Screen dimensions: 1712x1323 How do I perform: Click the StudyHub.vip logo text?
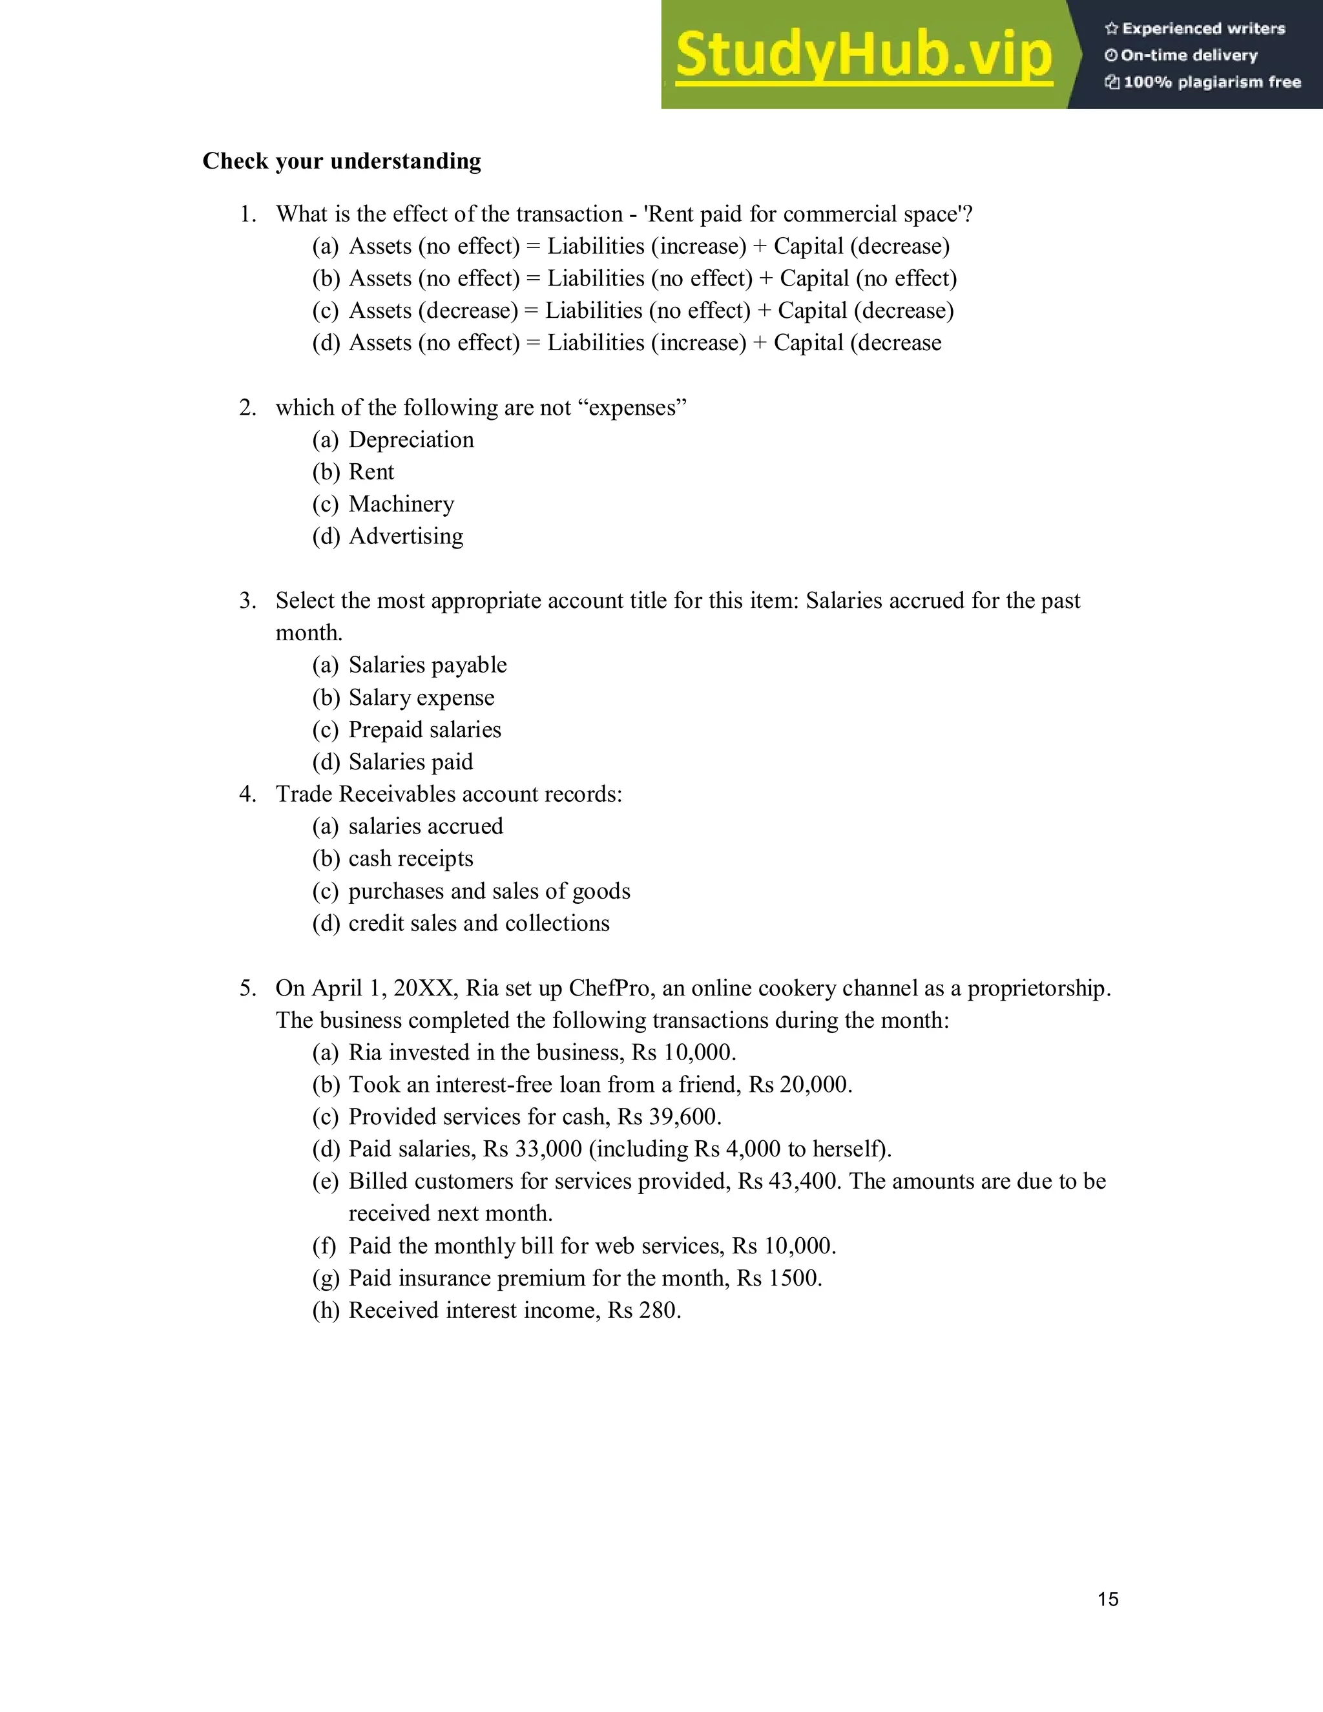(x=863, y=55)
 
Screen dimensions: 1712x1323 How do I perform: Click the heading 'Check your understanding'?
(x=342, y=161)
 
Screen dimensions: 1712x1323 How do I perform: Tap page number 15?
(x=1107, y=1599)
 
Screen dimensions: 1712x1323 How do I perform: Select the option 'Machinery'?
(x=401, y=504)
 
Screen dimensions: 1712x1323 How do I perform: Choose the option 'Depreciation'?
(x=411, y=440)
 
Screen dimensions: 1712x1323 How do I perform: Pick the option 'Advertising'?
(x=406, y=536)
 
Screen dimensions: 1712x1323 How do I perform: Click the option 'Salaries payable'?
(x=427, y=665)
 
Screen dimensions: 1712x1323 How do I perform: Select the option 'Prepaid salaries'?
(x=425, y=730)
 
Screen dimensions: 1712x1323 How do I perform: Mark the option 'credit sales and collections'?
(x=479, y=923)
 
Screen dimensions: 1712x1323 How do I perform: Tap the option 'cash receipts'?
(x=411, y=859)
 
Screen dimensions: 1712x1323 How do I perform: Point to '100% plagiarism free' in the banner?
(x=1212, y=82)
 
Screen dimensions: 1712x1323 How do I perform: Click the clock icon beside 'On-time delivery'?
(x=1110, y=56)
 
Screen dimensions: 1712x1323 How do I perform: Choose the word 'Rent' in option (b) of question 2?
(x=371, y=472)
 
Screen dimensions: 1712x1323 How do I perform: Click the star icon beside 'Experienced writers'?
(x=1110, y=29)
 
